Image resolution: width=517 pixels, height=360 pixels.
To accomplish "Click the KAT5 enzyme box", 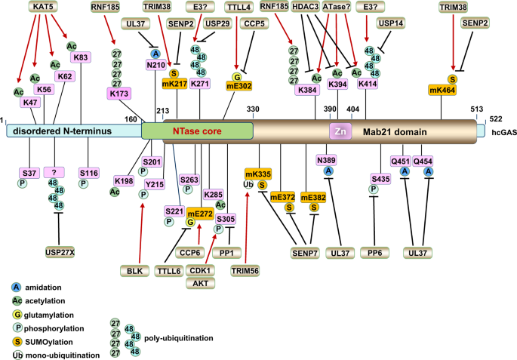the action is (x=43, y=6).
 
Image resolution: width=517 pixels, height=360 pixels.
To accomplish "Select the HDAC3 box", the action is (x=306, y=7).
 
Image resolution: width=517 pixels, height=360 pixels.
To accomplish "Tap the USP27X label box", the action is (x=60, y=253).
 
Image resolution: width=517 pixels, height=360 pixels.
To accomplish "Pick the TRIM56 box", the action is (x=245, y=271).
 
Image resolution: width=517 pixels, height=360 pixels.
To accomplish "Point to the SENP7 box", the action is (x=305, y=253).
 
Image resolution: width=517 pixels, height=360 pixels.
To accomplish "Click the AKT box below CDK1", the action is (x=201, y=283).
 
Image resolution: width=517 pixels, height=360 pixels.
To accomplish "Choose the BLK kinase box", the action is (x=134, y=271).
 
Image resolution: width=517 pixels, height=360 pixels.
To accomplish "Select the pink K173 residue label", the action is (x=119, y=94).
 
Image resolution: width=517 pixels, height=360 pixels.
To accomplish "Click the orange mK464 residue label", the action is (x=442, y=90).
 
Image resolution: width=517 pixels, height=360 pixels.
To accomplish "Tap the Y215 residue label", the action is (x=155, y=184).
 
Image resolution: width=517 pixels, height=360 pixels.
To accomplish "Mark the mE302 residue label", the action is (x=239, y=86).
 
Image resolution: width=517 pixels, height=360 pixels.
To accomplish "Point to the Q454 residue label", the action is (x=423, y=162).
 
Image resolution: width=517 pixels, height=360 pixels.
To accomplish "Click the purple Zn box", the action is (x=340, y=131).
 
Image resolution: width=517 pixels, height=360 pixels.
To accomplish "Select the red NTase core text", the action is (x=197, y=131).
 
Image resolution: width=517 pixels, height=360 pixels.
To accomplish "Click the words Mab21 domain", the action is (x=395, y=132).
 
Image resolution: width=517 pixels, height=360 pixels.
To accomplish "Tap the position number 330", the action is (x=253, y=109).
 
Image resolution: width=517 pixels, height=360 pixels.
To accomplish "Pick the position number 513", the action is (x=477, y=109).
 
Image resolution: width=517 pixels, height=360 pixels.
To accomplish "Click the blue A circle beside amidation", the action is (x=16, y=287).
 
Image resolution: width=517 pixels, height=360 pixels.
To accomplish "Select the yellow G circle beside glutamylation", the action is (x=17, y=315).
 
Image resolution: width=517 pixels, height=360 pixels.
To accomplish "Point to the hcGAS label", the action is (x=504, y=133).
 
